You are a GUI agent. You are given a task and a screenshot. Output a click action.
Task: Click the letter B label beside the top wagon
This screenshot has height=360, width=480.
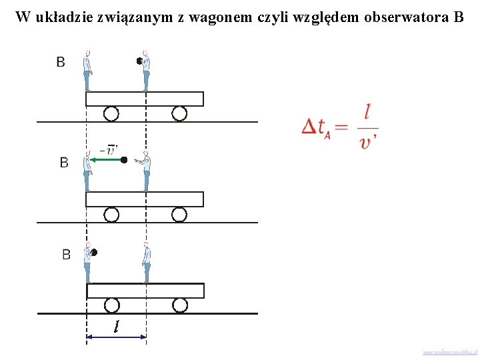[61, 62]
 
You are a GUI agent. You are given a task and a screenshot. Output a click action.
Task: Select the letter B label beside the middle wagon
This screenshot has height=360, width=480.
[64, 162]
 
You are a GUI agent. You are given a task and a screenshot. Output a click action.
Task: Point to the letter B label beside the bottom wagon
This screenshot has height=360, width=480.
[66, 254]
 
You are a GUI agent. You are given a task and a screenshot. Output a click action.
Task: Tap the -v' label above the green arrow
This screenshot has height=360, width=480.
[108, 149]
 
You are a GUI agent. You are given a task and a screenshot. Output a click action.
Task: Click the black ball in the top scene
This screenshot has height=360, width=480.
[139, 61]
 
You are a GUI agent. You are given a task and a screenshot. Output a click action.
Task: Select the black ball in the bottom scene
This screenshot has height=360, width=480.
[94, 253]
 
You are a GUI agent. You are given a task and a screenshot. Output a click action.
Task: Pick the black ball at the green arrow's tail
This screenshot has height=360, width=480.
[124, 160]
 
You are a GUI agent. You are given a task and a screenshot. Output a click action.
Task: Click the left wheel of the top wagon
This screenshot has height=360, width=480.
[111, 114]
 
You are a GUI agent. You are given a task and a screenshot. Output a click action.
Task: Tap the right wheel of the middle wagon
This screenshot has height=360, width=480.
[179, 215]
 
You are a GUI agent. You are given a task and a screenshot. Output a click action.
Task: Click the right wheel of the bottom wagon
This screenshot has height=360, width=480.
[179, 305]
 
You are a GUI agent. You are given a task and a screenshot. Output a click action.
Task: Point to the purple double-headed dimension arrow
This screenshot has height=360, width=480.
[117, 337]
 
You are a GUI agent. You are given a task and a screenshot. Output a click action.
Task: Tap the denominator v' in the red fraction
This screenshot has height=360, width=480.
[368, 141]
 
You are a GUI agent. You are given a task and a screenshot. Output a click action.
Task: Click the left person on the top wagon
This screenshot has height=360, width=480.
[87, 70]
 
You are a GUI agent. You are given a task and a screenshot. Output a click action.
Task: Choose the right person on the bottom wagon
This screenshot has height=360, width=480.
[146, 263]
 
